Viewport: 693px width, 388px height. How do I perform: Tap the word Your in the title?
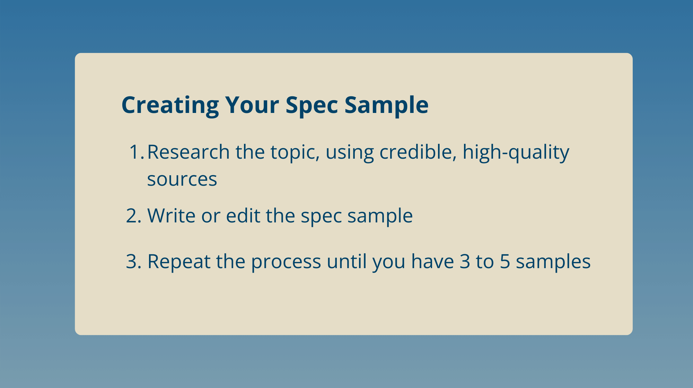click(x=252, y=105)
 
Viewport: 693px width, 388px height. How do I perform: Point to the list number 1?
click(x=136, y=152)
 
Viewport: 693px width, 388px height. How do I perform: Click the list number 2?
click(x=134, y=216)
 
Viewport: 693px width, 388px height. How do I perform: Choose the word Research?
click(x=188, y=152)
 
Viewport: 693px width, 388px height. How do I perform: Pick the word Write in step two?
click(x=172, y=215)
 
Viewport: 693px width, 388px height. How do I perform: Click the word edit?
click(x=243, y=215)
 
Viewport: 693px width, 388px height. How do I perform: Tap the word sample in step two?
click(x=380, y=217)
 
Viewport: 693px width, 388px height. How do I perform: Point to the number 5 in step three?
click(x=505, y=262)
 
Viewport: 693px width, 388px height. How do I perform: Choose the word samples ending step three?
click(x=553, y=262)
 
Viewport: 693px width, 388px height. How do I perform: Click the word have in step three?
click(x=432, y=261)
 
